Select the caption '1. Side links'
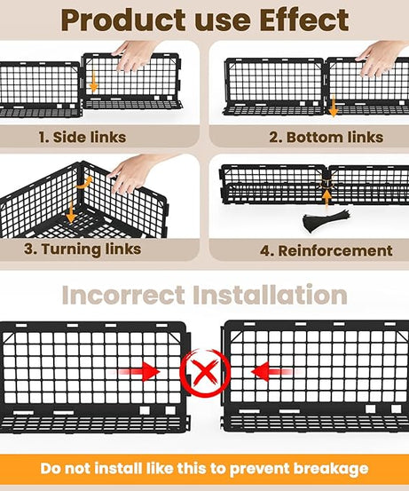(82, 138)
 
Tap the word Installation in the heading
(274, 295)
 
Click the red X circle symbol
(205, 373)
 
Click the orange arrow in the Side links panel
(94, 83)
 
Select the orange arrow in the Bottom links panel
(334, 108)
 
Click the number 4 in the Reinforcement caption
(265, 250)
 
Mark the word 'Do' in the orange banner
(51, 469)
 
